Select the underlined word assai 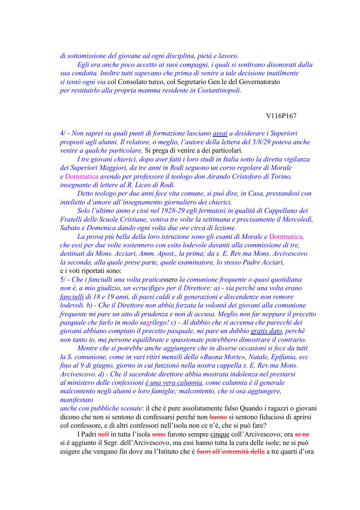pos(220,133)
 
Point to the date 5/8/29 pos(262,142)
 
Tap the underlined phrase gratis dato pos(266,331)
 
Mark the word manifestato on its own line pos(77,400)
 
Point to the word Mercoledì pos(295,219)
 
